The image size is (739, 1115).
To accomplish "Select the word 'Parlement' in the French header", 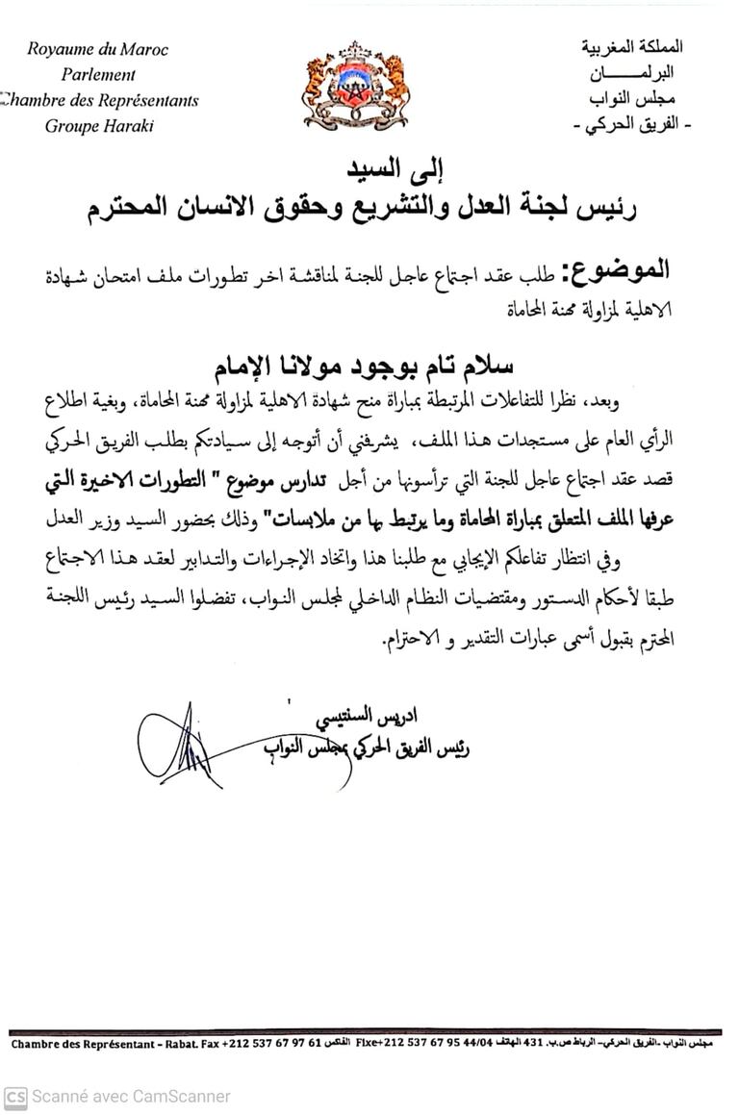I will (x=99, y=74).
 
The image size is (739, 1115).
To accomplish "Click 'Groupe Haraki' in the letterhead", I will (x=99, y=125).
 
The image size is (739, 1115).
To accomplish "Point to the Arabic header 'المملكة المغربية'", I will (x=633, y=47).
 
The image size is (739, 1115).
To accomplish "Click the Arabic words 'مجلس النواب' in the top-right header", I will (x=630, y=99).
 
